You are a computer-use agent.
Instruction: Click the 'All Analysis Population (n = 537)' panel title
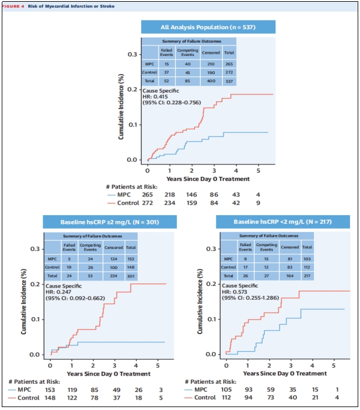pos(208,27)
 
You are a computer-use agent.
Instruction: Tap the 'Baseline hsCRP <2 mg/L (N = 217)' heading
pos(282,222)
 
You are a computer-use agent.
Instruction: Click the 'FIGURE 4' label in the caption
pos(13,6)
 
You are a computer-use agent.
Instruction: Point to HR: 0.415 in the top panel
pos(156,96)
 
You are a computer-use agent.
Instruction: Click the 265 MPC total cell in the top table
pos(229,64)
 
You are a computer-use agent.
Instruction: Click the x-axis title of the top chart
pos(208,178)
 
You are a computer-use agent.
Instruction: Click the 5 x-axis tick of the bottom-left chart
pos(158,366)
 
